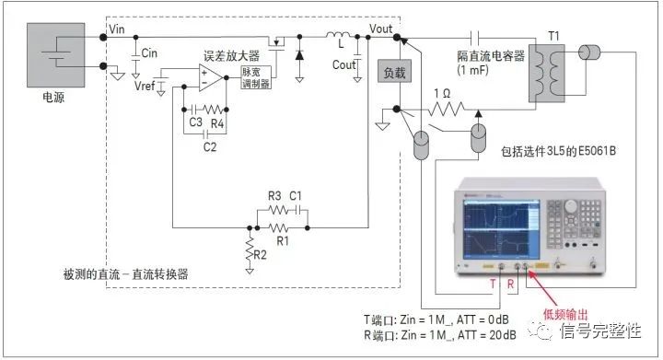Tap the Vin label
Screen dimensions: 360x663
pyautogui.click(x=117, y=30)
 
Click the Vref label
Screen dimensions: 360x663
pyautogui.click(x=145, y=86)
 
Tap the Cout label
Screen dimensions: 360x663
pyautogui.click(x=343, y=65)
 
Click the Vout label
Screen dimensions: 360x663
pyautogui.click(x=380, y=29)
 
